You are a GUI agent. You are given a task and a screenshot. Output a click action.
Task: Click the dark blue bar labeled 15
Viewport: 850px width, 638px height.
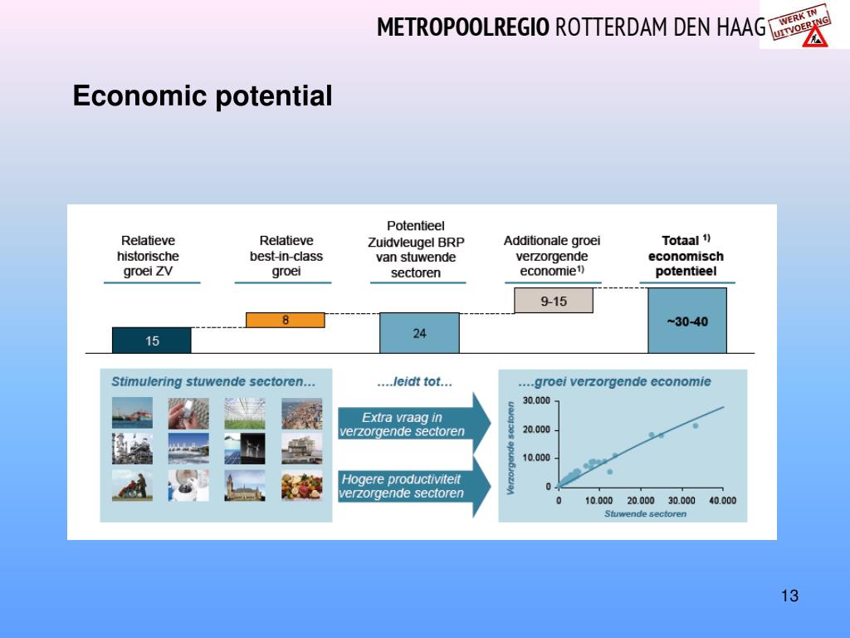pyautogui.click(x=152, y=340)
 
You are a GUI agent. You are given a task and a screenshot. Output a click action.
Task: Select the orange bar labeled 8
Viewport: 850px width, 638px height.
pyautogui.click(x=286, y=320)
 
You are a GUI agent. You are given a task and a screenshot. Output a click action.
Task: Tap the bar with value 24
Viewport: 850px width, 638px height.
pyautogui.click(x=419, y=333)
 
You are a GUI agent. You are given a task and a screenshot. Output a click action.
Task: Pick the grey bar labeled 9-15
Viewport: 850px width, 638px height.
pyautogui.click(x=554, y=301)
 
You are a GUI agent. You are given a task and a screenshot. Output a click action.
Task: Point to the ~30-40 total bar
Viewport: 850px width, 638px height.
pyautogui.click(x=687, y=321)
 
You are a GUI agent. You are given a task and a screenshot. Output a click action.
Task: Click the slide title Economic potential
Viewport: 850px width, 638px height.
pyautogui.click(x=203, y=96)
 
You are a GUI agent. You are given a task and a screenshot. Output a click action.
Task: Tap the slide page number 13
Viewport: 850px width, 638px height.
pyautogui.click(x=790, y=596)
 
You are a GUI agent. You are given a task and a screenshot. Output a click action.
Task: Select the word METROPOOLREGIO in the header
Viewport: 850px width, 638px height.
pyautogui.click(x=463, y=27)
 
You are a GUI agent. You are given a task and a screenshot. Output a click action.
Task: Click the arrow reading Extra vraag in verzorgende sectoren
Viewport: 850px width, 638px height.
pyautogui.click(x=414, y=424)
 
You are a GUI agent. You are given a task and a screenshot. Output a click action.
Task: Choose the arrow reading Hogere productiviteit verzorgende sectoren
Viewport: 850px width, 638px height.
pyautogui.click(x=414, y=486)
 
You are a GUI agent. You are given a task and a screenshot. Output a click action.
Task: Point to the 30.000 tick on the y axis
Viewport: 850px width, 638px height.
pyautogui.click(x=536, y=401)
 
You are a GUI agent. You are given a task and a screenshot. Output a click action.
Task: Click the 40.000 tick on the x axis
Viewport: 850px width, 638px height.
pyautogui.click(x=723, y=500)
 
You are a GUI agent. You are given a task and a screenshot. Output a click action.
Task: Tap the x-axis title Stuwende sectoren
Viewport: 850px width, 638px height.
pyautogui.click(x=645, y=513)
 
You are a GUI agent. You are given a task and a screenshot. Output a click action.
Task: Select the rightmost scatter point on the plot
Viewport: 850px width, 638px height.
pyautogui.click(x=696, y=426)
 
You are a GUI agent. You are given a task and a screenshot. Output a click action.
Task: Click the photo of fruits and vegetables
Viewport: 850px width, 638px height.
pyautogui.click(x=302, y=485)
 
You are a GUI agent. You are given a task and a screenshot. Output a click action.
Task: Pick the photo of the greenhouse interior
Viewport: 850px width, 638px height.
pyautogui.click(x=245, y=414)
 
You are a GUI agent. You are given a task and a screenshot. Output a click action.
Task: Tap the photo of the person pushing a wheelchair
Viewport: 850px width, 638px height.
pyautogui.click(x=132, y=485)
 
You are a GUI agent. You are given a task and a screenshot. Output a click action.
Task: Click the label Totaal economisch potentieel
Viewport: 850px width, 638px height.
pyautogui.click(x=686, y=256)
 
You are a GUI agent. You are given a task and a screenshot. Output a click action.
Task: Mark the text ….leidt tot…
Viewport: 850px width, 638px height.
pyautogui.click(x=415, y=382)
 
